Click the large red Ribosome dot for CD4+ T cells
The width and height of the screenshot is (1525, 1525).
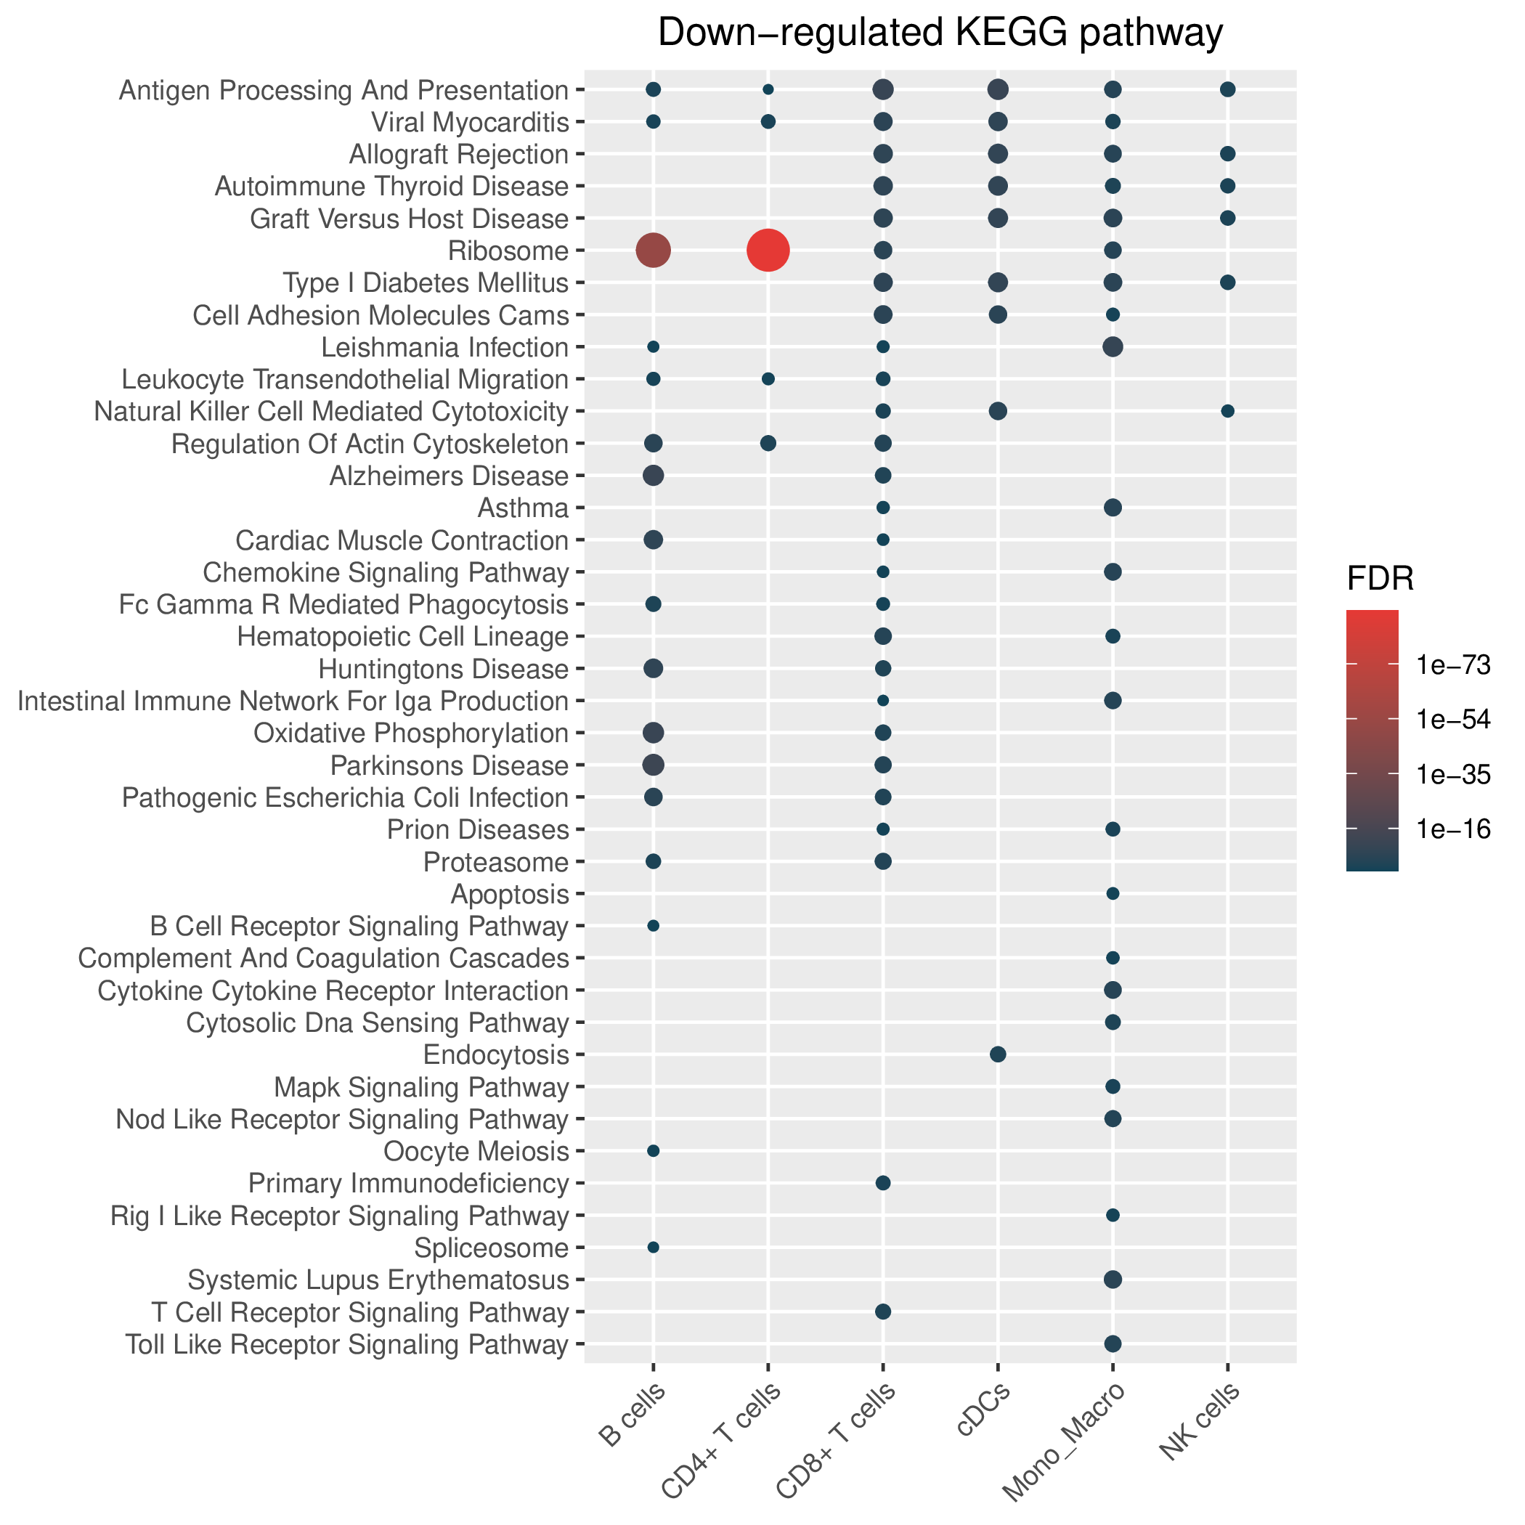click(768, 251)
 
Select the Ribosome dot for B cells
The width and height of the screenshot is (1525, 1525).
click(653, 251)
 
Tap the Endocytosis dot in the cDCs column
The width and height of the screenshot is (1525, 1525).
click(998, 1054)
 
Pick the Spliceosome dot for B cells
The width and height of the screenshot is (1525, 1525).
click(653, 1247)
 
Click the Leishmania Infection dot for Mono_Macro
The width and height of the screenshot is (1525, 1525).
click(1113, 346)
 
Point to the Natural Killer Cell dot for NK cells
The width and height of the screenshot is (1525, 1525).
click(1227, 411)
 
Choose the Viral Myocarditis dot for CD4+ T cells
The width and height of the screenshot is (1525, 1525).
click(768, 121)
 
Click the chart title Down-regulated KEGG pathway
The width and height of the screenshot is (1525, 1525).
click(940, 33)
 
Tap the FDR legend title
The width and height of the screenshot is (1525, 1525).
click(1380, 580)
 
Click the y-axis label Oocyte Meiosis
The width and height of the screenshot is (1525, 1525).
click(476, 1152)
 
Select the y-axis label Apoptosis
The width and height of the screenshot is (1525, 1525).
click(509, 895)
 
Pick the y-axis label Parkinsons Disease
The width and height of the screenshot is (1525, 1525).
click(449, 765)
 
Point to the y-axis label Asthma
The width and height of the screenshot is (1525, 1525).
click(524, 508)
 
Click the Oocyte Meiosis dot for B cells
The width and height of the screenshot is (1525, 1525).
click(653, 1151)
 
